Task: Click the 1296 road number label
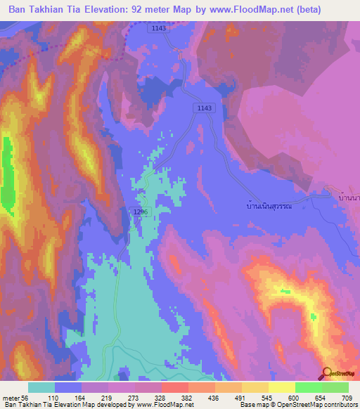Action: (x=139, y=212)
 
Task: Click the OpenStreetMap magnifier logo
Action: (x=326, y=373)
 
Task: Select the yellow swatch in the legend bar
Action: (x=281, y=387)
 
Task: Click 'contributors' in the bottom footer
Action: (x=338, y=405)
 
